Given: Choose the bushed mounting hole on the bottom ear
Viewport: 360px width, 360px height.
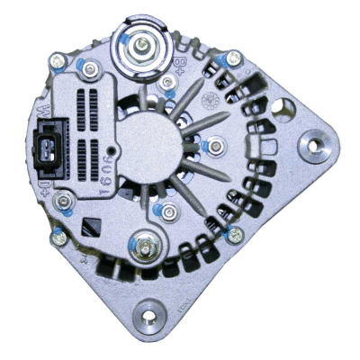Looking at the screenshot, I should point(147,316).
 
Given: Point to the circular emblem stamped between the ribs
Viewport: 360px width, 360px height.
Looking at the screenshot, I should point(213,97).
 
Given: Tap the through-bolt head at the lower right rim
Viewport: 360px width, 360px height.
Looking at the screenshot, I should point(236,236).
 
